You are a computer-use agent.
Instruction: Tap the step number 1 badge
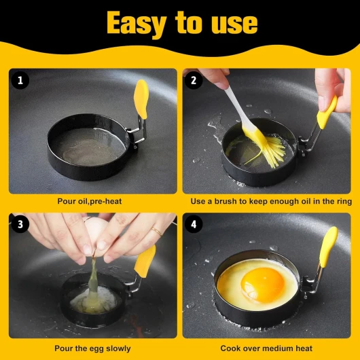coord(20,80)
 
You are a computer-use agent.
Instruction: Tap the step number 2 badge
coord(194,80)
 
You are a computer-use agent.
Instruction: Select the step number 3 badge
coord(20,224)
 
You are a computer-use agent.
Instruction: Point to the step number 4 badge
coord(194,224)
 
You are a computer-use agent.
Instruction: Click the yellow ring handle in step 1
coord(141,99)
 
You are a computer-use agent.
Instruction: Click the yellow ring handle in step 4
coord(329,247)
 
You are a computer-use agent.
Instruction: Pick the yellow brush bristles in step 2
coord(271,150)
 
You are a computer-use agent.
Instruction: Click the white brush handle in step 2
coord(235,106)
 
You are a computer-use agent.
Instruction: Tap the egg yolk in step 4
coord(263,285)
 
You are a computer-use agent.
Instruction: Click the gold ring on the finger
coord(157,232)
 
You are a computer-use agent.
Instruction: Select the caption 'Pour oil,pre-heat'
coord(90,201)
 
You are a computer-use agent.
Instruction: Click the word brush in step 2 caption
coord(226,201)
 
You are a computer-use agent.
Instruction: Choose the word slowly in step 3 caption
coord(118,348)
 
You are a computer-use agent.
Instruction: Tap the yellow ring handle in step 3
coord(145,261)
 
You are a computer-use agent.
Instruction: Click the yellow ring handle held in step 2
coord(327,113)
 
